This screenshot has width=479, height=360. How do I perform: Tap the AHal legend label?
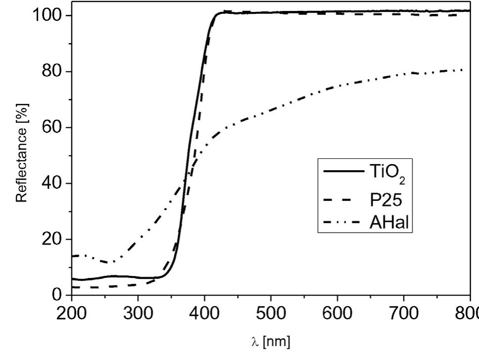(x=390, y=223)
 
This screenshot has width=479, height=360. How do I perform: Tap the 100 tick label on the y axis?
(x=48, y=16)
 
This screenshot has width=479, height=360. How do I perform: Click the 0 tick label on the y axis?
(x=58, y=295)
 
